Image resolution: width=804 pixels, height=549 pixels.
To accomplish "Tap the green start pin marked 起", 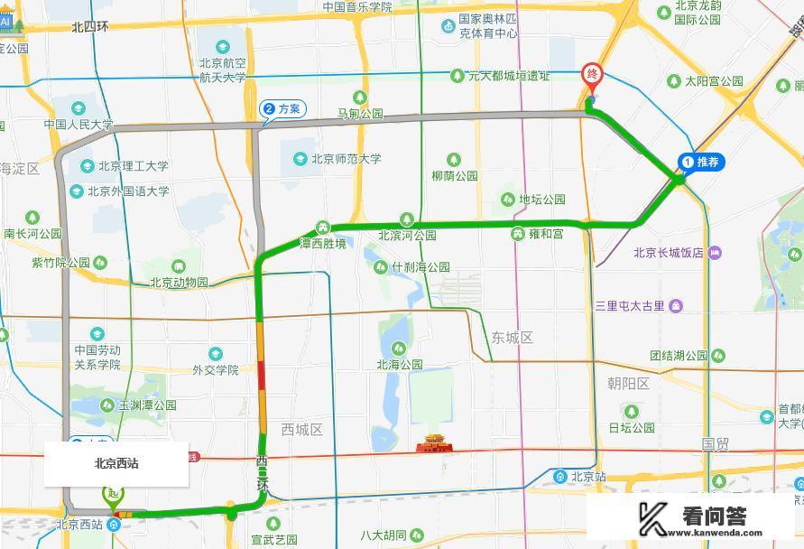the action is point(114,494).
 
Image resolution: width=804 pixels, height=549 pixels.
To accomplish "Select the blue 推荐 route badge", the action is point(701,162).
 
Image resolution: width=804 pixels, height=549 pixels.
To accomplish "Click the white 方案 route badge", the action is point(282,109).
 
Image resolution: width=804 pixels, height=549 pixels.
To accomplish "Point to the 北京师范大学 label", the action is point(346,159).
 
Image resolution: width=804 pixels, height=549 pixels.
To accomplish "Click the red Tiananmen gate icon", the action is point(432,444).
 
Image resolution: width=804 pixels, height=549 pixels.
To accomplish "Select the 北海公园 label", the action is point(399,364).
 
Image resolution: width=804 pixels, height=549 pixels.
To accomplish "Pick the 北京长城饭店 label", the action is point(668,253).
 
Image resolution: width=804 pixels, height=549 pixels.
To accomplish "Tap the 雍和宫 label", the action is point(545,234).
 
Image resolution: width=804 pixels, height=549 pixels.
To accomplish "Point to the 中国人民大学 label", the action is point(80,125).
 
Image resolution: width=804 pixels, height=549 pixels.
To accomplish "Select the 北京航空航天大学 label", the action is point(222,70).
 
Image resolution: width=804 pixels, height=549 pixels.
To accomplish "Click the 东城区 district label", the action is point(513,338).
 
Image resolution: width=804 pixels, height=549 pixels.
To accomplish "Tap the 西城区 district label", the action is point(301,430).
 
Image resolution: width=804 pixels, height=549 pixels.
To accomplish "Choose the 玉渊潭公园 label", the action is point(147,405).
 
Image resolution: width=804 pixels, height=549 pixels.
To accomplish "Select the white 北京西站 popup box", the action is point(116,464).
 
